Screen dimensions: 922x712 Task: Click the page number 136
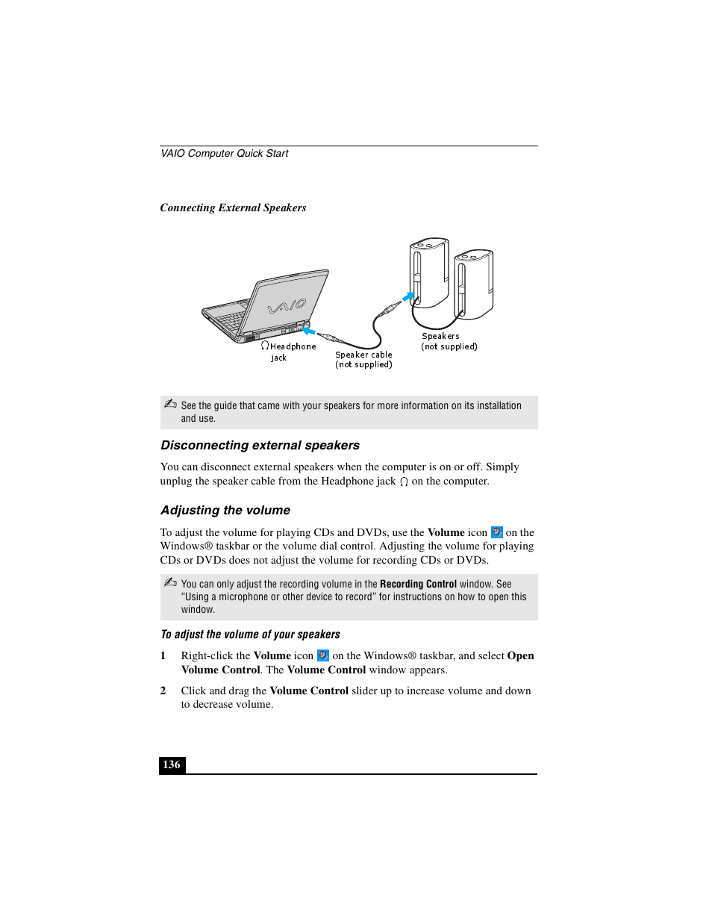pos(172,764)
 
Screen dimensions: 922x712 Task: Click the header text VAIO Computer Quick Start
pos(224,153)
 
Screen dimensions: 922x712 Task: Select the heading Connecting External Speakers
pos(233,208)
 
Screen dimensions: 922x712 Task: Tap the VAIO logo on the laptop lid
pos(287,306)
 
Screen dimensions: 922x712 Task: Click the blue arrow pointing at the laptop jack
pos(308,330)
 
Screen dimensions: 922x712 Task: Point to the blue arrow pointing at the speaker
pos(408,296)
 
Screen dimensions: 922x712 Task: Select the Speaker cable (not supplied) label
pos(363,360)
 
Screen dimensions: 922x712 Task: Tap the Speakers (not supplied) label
pos(449,341)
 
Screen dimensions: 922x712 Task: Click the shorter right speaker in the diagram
pos(474,284)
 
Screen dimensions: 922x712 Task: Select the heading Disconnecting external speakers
pos(260,445)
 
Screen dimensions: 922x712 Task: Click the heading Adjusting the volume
pos(225,510)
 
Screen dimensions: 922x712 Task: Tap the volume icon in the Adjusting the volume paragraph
pos(496,532)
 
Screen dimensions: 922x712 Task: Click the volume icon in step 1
pos(322,655)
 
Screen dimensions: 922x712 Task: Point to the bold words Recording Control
pos(418,584)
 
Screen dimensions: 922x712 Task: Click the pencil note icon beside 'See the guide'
pos(170,404)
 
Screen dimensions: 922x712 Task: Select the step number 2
pos(163,691)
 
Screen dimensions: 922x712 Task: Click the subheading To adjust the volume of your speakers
pos(250,635)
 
